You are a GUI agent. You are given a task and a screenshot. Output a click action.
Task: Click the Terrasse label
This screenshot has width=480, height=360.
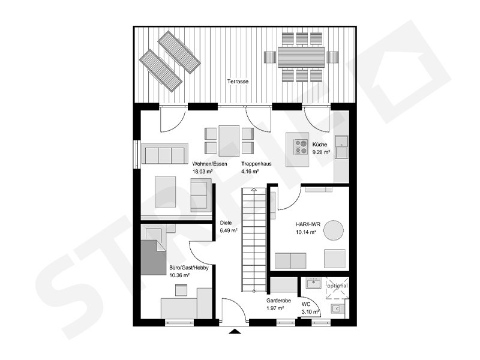click(x=238, y=81)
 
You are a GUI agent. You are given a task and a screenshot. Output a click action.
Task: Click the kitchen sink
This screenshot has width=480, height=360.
click(x=341, y=143)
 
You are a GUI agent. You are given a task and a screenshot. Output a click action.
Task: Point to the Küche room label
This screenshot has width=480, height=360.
click(x=319, y=145)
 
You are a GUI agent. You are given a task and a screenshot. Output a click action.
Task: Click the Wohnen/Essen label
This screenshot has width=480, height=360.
click(x=206, y=164)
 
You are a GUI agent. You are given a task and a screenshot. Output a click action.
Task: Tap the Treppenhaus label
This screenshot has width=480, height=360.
click(x=254, y=164)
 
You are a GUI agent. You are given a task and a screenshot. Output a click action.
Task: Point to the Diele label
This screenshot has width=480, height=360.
click(x=226, y=223)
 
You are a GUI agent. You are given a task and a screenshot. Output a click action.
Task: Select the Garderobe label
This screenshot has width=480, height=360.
click(x=278, y=301)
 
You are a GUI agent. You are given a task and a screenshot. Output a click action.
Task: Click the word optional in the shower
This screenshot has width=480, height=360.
click(x=337, y=286)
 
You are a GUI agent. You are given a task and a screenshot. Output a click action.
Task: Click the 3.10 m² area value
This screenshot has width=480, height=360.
click(x=310, y=311)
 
